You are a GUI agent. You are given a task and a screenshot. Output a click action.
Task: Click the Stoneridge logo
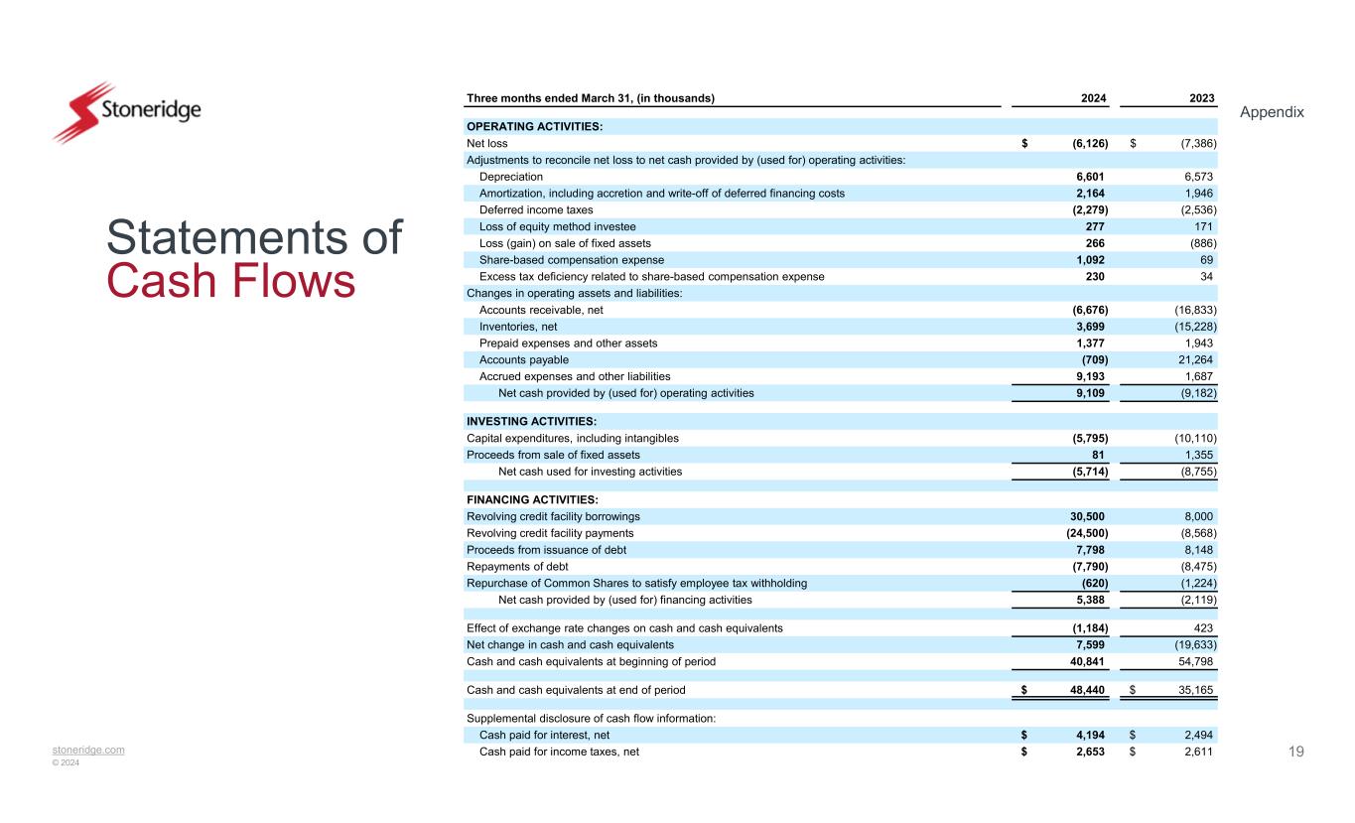(x=127, y=111)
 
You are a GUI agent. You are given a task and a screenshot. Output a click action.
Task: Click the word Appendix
(x=1273, y=112)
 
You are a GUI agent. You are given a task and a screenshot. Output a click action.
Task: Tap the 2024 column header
(x=1095, y=97)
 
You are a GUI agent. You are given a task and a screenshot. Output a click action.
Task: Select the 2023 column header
(x=1202, y=97)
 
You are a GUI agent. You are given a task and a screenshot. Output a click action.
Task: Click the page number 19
(x=1295, y=752)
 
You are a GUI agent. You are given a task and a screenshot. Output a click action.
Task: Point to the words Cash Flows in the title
(x=230, y=281)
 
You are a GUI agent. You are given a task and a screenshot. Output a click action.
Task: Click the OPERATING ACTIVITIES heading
(x=535, y=126)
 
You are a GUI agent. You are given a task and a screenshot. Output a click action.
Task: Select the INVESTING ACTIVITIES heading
(x=531, y=421)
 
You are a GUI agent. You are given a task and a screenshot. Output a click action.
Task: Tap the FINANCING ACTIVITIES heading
(x=532, y=499)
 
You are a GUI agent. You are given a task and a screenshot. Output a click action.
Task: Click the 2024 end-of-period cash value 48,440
(x=1088, y=689)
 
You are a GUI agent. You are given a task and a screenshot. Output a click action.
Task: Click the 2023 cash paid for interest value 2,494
(x=1195, y=735)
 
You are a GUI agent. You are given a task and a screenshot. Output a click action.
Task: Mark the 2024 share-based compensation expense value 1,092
(x=1091, y=260)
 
